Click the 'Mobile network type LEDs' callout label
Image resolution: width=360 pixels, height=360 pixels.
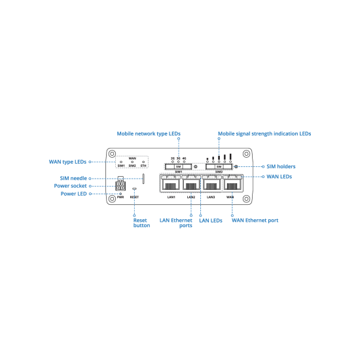pyautogui.click(x=149, y=134)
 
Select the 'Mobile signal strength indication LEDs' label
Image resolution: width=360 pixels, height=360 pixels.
pyautogui.click(x=264, y=134)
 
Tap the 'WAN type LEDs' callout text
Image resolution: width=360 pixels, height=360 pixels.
pyautogui.click(x=67, y=162)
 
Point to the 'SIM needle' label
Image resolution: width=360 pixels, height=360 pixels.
pyautogui.click(x=73, y=179)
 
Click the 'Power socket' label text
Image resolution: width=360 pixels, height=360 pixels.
pyautogui.click(x=70, y=186)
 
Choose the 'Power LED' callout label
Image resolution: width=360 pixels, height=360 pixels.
pyautogui.click(x=73, y=194)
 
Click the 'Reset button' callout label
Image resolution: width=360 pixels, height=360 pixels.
pyautogui.click(x=141, y=223)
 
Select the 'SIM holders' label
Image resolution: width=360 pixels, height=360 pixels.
pyautogui.click(x=281, y=166)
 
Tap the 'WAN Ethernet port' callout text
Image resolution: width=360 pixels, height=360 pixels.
pyautogui.click(x=255, y=221)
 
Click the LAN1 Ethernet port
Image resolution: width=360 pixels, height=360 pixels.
pyautogui.click(x=171, y=183)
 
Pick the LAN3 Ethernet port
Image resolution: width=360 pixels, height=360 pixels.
pyautogui.click(x=211, y=183)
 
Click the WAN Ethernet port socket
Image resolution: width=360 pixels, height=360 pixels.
pyautogui.click(x=232, y=183)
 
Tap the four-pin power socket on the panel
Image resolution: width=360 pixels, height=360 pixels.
pyautogui.click(x=120, y=185)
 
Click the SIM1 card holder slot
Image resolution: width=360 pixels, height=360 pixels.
pyautogui.click(x=179, y=166)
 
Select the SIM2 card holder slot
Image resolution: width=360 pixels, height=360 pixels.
pyautogui.click(x=219, y=166)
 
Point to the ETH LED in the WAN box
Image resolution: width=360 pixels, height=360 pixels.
pyautogui.click(x=143, y=162)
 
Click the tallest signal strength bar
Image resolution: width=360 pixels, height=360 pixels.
pyautogui.click(x=230, y=156)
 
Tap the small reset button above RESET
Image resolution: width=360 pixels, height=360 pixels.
pyautogui.click(x=135, y=189)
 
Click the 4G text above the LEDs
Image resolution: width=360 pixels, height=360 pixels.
pyautogui.click(x=184, y=158)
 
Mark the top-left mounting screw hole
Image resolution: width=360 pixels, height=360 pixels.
pyautogui.click(x=112, y=154)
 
